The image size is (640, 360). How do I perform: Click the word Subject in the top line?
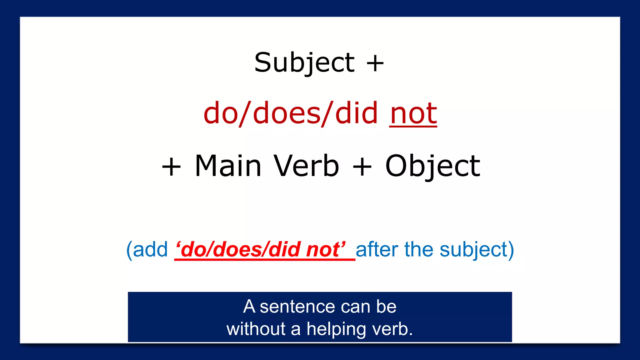tap(304, 62)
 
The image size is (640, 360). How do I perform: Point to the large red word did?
tap(356, 113)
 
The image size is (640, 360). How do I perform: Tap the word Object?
tap(432, 167)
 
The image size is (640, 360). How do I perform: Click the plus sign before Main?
tap(171, 167)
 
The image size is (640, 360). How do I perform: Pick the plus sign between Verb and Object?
tap(362, 167)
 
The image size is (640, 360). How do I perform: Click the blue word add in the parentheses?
tap(150, 250)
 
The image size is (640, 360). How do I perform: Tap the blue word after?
tap(377, 250)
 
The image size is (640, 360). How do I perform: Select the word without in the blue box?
tap(256, 329)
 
